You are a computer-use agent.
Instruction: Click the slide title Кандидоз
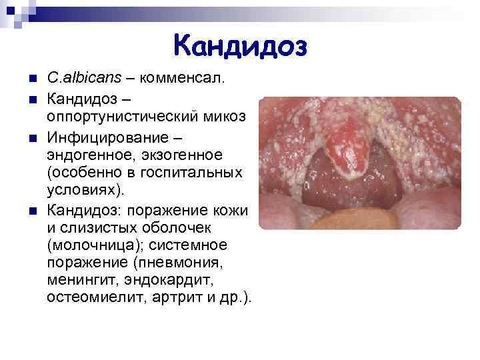click(240, 45)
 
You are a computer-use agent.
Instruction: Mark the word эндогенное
click(90, 154)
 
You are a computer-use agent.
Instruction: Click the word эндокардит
click(163, 281)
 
